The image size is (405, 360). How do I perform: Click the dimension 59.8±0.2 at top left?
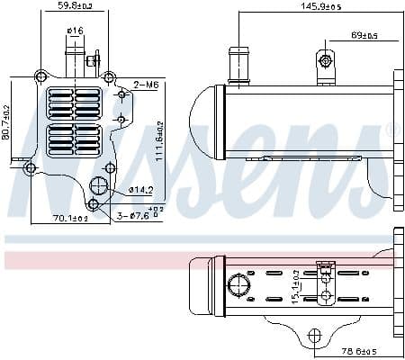tap(75, 6)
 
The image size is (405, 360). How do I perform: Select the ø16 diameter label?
tap(75, 31)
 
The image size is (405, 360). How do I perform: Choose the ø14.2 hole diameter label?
tap(141, 190)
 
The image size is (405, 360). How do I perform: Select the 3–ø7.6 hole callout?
tap(140, 215)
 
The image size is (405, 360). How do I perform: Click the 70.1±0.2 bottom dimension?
tap(70, 217)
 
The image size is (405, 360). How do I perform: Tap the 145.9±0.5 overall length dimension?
tap(315, 7)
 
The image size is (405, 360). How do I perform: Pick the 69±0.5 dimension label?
tap(364, 36)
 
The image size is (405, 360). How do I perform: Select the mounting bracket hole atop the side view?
tap(326, 60)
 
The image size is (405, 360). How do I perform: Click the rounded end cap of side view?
tap(205, 121)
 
